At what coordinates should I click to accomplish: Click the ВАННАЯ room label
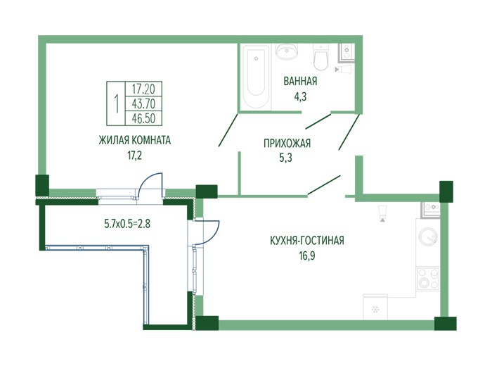pos(300,81)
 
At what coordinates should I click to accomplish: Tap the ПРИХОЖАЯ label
pos(287,144)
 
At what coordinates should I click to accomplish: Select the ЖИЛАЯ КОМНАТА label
pos(135,140)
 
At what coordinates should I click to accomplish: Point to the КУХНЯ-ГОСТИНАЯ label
pos(307,241)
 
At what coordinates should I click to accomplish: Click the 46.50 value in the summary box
pos(143,118)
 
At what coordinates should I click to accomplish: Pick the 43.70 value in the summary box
pos(143,103)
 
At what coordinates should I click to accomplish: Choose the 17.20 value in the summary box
pos(143,89)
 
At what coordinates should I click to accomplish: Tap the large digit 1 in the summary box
pos(117,103)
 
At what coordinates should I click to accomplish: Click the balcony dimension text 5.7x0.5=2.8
pos(127,224)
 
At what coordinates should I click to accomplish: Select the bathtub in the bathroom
pos(256,76)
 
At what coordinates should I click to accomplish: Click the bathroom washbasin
pos(286,51)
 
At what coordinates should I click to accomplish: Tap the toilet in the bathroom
pos(321,57)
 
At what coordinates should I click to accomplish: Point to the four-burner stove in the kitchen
pos(427,279)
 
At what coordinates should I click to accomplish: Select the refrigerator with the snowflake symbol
pos(375,307)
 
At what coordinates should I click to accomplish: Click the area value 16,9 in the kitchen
pos(307,255)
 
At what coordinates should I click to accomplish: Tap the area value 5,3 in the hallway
pos(285,158)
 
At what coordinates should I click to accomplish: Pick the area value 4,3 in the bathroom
pos(300,96)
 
